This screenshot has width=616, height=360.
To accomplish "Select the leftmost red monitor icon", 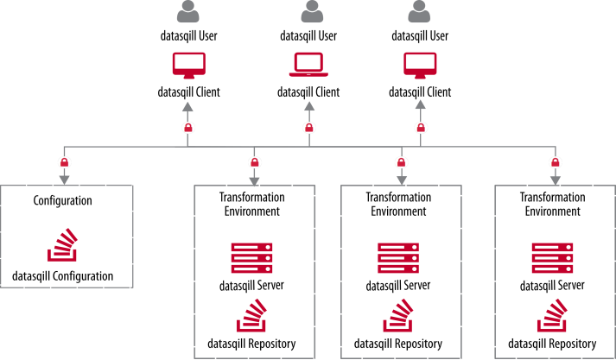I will coord(188,65).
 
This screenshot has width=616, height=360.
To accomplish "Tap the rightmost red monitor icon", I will coord(420,65).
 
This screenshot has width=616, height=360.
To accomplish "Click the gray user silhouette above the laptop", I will coord(312,12).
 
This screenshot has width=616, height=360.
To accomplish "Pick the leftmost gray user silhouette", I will coord(187,12).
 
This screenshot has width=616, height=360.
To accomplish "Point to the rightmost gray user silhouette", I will coord(419,12).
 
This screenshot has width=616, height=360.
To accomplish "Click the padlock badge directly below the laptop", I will coord(309,128).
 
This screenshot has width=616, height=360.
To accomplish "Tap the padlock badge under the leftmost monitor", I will coord(188,128).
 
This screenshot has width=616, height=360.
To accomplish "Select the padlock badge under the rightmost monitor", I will coord(421,128).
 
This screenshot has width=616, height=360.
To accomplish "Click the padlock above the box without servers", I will coord(64,162).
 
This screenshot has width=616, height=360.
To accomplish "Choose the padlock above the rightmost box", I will coord(556,162).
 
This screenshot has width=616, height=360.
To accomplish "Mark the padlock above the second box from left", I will coord(254,162).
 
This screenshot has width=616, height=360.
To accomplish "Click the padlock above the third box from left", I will coord(401,162).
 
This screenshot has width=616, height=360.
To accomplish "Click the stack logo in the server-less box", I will coord(62,245).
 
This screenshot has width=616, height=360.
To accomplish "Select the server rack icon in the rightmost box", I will coord(552,258).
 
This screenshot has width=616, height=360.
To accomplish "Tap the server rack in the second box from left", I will coord(251,258).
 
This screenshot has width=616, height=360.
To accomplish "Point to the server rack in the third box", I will coord(398,258).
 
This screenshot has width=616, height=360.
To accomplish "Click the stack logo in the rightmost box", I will coord(552,316).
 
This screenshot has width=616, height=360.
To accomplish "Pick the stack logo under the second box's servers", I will coord(251,316).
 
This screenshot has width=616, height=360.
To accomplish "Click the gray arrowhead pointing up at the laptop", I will coord(309,106).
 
